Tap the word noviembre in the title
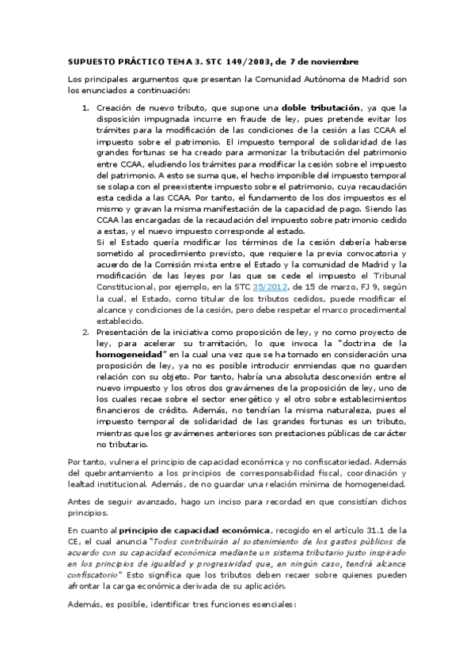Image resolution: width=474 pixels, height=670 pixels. click(x=336, y=61)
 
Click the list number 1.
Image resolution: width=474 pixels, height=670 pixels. click(x=85, y=108)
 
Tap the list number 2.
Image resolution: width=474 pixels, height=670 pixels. click(x=85, y=333)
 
